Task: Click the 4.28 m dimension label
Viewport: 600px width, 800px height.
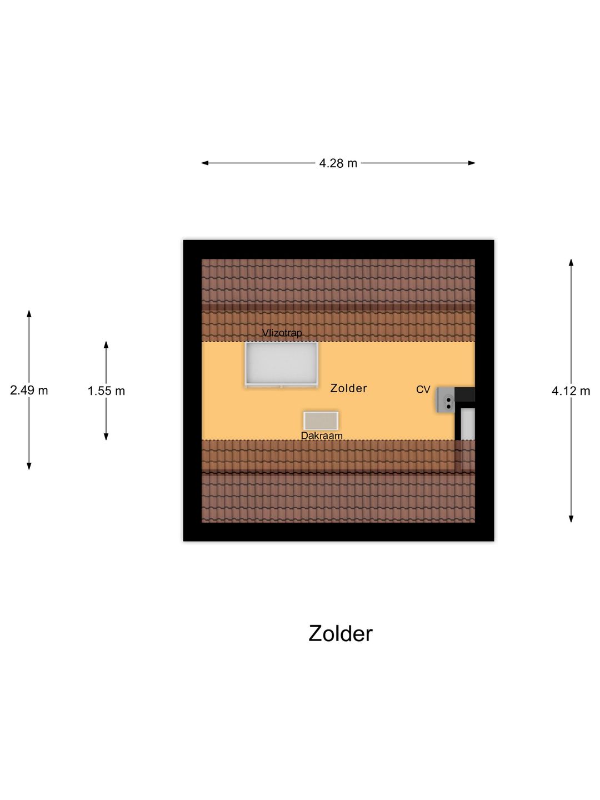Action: (x=338, y=163)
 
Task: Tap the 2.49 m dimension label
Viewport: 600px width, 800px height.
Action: (x=29, y=391)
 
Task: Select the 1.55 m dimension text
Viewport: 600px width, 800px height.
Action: (x=106, y=391)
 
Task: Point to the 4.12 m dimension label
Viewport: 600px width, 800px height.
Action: (x=571, y=391)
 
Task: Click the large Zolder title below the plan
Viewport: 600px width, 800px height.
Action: (x=340, y=633)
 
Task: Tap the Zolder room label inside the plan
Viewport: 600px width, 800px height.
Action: (x=348, y=388)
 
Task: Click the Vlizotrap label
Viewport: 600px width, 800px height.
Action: (x=282, y=333)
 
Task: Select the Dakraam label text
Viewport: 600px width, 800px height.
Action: (x=322, y=436)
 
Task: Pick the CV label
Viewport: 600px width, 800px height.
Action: (x=423, y=390)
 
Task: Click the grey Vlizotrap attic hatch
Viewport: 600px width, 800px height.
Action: (x=282, y=363)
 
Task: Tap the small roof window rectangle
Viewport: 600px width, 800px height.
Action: (x=321, y=421)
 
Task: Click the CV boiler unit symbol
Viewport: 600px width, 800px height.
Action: (x=446, y=400)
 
